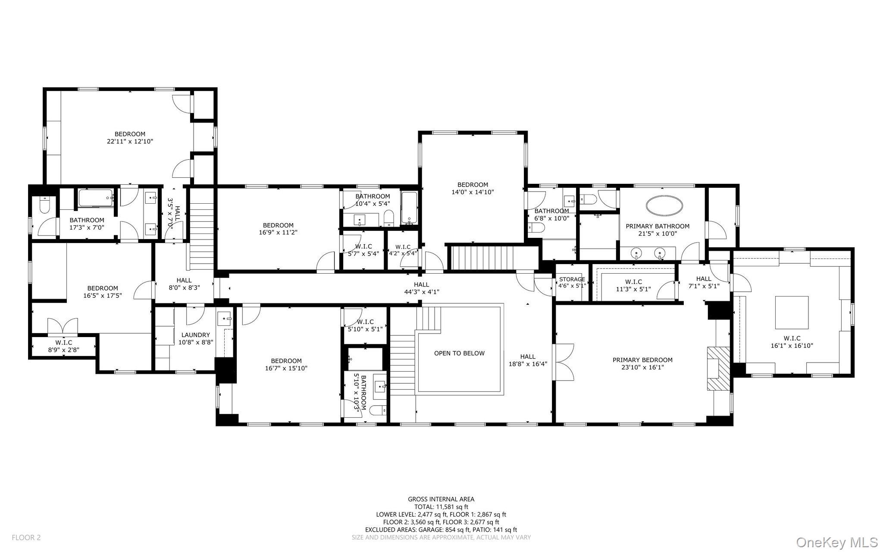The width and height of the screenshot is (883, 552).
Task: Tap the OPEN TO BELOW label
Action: pos(459,353)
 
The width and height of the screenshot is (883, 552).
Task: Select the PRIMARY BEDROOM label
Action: pos(642,360)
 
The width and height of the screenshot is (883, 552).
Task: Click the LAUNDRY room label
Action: pos(195,335)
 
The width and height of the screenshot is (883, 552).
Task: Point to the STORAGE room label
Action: pos(572,279)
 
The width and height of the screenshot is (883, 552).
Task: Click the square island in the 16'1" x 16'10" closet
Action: pos(792,312)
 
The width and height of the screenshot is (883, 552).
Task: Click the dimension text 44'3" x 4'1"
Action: pos(421,292)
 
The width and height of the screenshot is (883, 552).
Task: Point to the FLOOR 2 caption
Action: pos(26,537)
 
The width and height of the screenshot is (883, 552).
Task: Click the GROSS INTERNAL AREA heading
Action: pos(441,499)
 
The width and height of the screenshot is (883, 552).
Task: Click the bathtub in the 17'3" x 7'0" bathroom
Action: pos(96,198)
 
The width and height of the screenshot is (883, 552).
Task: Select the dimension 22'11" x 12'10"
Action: pos(130,141)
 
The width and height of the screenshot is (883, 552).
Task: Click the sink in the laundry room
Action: pos(225,319)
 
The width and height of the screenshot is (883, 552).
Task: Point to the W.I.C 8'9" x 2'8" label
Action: pos(64,346)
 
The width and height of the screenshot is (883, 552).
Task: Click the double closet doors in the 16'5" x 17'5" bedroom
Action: pos(63,327)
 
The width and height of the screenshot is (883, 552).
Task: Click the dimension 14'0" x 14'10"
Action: pos(473,192)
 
